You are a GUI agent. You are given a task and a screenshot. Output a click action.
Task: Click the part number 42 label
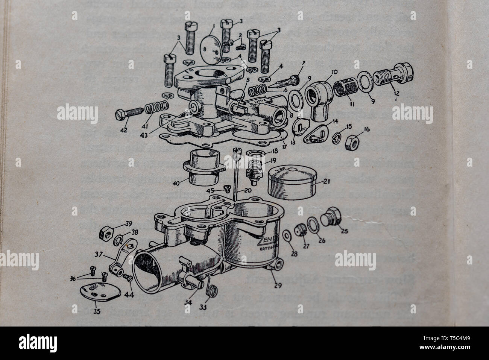pyautogui.click(x=124, y=130)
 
